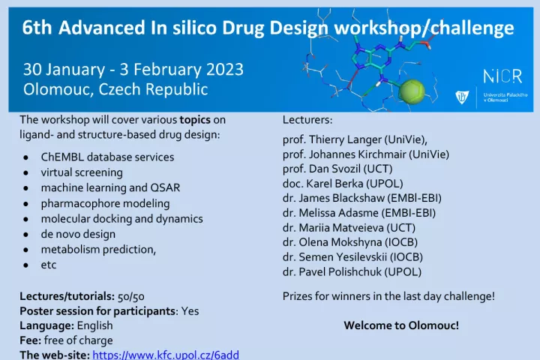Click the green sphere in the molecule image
pyautogui.click(x=412, y=91)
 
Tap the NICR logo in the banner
pyautogui.click(x=502, y=76)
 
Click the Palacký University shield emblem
pyautogui.click(x=461, y=97)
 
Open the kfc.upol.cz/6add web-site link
pyautogui.click(x=166, y=355)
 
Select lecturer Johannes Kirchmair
pyautogui.click(x=358, y=154)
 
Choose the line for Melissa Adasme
pyautogui.click(x=358, y=213)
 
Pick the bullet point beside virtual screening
pyautogui.click(x=25, y=172)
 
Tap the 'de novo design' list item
pyautogui.click(x=78, y=234)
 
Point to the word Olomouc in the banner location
pyautogui.click(x=58, y=89)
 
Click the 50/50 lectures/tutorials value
pyautogui.click(x=130, y=296)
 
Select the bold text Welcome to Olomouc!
pyautogui.click(x=401, y=325)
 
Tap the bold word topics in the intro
pyautogui.click(x=195, y=120)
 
